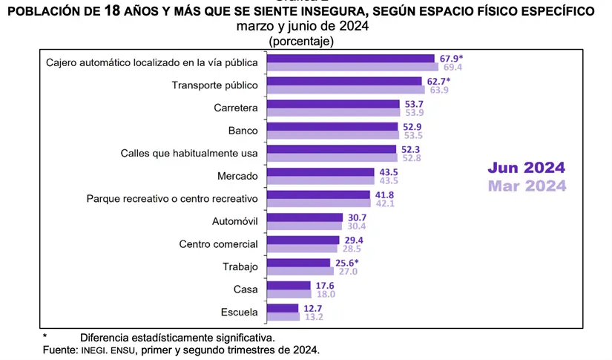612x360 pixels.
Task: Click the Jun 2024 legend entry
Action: tap(526, 168)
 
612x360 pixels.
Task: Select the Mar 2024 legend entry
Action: tap(526, 186)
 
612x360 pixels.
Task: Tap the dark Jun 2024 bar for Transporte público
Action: tap(345, 81)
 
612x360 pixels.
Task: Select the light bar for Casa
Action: tap(289, 294)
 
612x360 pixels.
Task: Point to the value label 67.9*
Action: tap(450, 58)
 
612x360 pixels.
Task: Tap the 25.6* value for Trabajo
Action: tap(346, 263)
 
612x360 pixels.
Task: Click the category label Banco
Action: tap(243, 131)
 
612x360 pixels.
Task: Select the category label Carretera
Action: tap(234, 108)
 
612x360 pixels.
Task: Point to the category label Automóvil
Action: tap(235, 221)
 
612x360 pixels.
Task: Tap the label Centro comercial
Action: tap(219, 243)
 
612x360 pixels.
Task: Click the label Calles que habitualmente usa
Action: tap(189, 153)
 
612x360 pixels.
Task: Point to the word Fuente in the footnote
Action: tap(58, 349)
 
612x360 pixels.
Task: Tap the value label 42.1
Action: tap(385, 203)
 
